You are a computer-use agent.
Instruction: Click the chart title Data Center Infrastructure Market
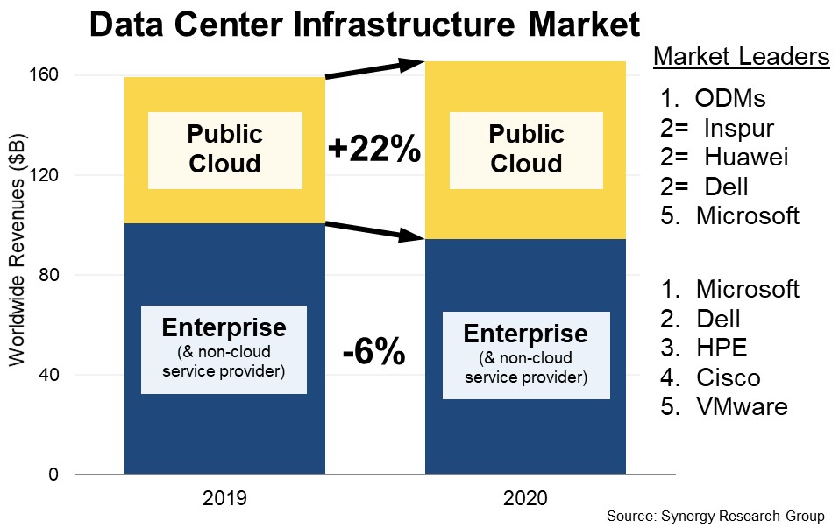click(365, 25)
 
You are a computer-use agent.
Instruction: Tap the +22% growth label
click(374, 151)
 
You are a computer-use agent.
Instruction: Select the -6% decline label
click(373, 353)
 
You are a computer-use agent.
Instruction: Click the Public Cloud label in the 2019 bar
click(225, 150)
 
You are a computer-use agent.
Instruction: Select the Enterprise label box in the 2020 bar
click(525, 355)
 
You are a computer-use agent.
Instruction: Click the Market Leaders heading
click(742, 58)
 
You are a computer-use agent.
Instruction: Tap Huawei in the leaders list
click(745, 157)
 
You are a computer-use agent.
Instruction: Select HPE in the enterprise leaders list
click(722, 348)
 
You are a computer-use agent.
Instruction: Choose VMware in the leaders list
click(742, 406)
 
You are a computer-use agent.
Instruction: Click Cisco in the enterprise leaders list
click(728, 377)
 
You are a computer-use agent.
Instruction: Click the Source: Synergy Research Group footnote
click(715, 515)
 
